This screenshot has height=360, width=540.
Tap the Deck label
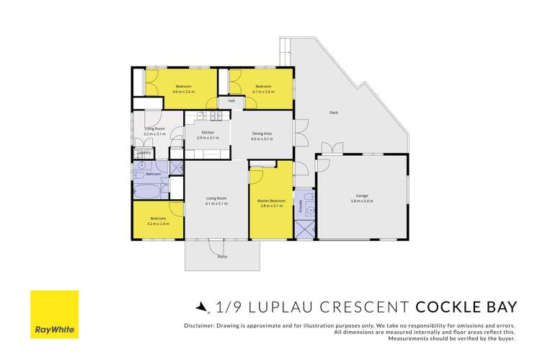pos(333,113)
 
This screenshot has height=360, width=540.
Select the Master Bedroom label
pos(273,201)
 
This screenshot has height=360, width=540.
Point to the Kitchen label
pos(208,132)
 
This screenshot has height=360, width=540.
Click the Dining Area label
pos(262,133)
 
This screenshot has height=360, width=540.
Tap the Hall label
pos(231,101)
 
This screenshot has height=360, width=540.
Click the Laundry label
pos(144,152)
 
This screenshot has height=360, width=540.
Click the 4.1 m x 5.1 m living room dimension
pos(216,203)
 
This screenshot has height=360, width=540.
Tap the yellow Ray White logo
pos(54,315)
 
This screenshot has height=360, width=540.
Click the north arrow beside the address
pos(202,307)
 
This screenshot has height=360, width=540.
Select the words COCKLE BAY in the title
pos(466,307)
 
